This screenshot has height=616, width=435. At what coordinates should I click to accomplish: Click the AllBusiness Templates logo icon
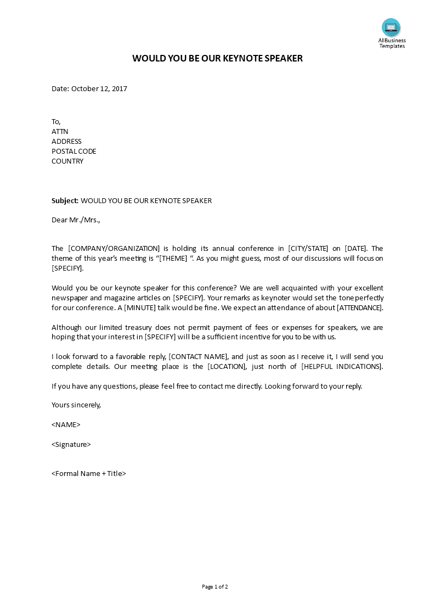tap(391, 27)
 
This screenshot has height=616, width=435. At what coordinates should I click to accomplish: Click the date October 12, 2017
tap(99, 88)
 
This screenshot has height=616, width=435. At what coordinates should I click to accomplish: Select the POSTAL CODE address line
tap(74, 151)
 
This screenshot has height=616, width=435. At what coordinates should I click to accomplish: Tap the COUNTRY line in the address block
tap(67, 161)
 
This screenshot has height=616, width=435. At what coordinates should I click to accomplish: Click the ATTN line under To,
tap(60, 131)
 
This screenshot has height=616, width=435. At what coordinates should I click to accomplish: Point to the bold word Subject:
tap(65, 200)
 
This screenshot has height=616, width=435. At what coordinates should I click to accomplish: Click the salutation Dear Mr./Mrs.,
tap(76, 220)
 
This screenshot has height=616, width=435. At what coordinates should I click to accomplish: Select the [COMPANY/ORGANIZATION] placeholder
tap(114, 248)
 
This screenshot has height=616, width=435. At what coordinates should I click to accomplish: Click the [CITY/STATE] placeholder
tap(308, 248)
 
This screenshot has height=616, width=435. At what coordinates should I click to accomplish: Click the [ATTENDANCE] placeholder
tap(359, 307)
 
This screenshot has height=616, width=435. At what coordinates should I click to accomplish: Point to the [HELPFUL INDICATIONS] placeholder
tap(342, 366)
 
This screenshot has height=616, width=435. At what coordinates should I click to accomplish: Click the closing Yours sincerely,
tap(76, 405)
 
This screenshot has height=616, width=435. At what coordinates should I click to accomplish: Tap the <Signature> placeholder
tap(71, 444)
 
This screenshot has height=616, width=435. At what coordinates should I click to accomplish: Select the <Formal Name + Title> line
tap(89, 473)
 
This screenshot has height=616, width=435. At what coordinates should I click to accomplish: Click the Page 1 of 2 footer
tap(215, 586)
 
